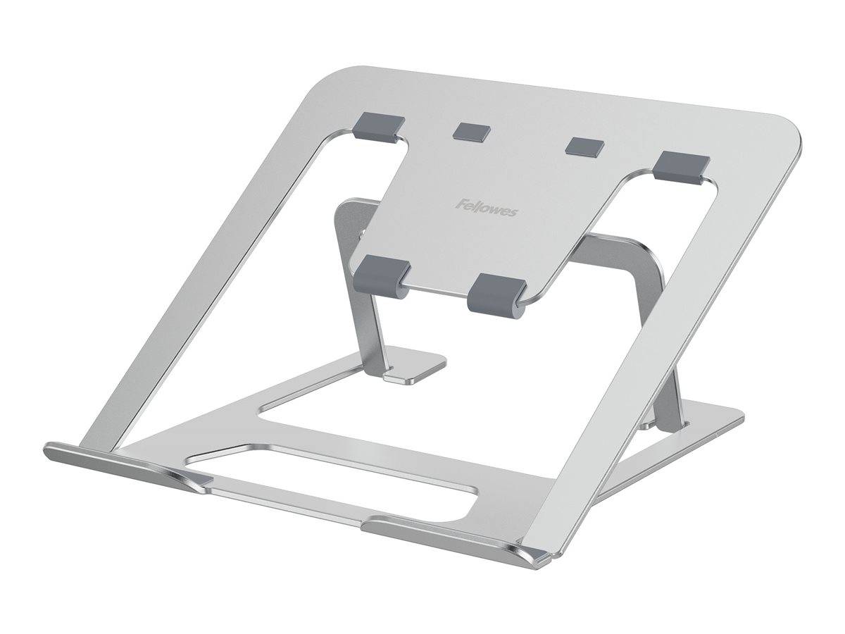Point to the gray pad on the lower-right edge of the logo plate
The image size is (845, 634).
pyautogui.click(x=497, y=290)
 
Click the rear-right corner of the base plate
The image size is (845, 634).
pyautogui.click(x=732, y=415)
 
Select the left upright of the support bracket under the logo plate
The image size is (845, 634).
pyautogui.click(x=356, y=296)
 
